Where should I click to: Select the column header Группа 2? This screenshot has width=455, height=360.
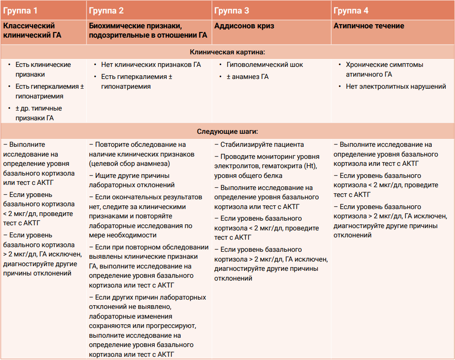click(x=106, y=11)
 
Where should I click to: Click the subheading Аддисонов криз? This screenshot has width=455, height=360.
click(x=244, y=26)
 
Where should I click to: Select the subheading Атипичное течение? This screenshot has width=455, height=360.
click(x=369, y=26)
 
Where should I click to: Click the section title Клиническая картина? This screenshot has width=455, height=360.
click(x=227, y=52)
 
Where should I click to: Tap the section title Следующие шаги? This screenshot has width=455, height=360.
click(x=227, y=131)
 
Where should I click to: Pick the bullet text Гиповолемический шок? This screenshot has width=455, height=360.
click(x=264, y=65)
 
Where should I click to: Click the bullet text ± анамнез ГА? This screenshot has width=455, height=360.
click(x=247, y=77)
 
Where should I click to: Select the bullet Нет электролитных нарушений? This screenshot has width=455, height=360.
click(x=396, y=86)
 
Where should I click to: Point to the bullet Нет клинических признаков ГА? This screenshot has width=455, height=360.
click(x=151, y=65)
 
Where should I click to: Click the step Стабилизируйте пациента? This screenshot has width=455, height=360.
click(x=262, y=144)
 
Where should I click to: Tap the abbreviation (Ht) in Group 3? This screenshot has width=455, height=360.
click(x=310, y=166)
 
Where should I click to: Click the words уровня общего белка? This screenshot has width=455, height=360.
click(x=248, y=176)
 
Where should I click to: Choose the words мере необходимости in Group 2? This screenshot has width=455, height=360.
click(x=123, y=235)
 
